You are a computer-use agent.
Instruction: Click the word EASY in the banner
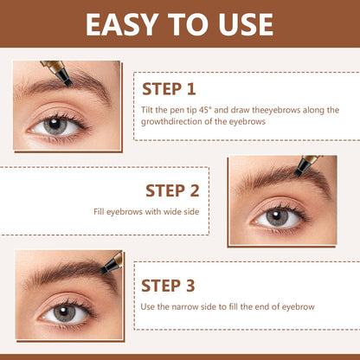[122, 24]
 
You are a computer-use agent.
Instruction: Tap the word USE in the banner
[246, 24]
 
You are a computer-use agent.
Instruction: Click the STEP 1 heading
[169, 89]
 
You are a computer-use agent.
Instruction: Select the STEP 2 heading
[172, 190]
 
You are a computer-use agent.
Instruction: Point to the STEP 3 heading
[168, 286]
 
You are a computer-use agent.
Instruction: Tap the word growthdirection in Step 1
[171, 121]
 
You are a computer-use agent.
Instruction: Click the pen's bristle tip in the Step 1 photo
[67, 83]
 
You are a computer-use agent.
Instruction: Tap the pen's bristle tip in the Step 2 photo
[298, 173]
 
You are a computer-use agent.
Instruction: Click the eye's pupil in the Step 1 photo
[55, 125]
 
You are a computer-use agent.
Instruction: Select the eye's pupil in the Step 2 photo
[277, 217]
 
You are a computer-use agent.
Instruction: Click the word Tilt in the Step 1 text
[147, 110]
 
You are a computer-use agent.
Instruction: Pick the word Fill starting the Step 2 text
[99, 212]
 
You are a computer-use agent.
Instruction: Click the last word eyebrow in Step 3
[298, 307]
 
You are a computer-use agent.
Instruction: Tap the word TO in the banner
[188, 24]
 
